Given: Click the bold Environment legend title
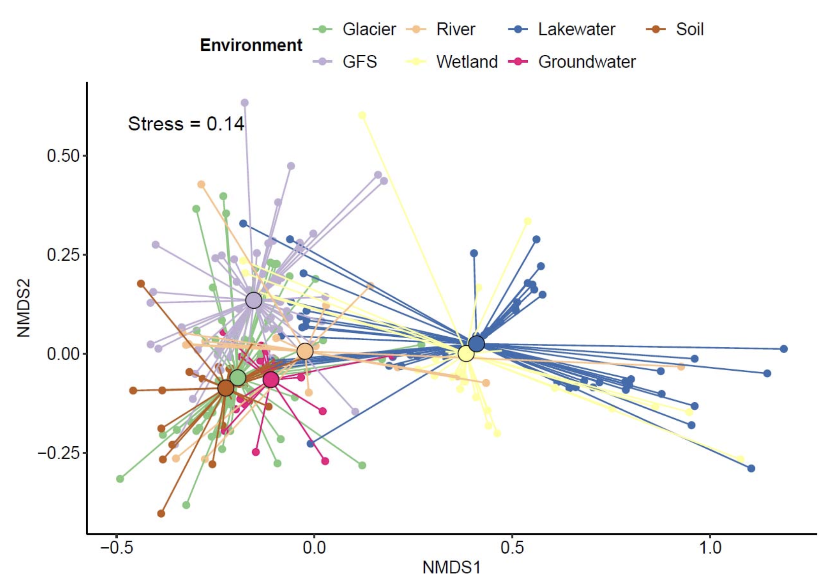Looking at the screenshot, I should pos(251,45).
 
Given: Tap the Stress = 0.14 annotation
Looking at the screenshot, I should pos(186,124).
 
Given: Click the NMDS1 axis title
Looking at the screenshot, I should pos(451,567).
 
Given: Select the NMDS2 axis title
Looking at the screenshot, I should pos(24,308).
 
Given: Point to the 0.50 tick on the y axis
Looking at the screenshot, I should pos(63,156).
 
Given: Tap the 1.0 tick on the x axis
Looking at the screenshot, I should pos(710,548).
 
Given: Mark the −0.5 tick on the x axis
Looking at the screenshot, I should pos(117,548).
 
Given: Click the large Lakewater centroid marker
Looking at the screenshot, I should pos(477,343).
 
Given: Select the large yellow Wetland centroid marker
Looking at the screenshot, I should pos(466,354).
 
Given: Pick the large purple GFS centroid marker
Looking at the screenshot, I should pos(254,300).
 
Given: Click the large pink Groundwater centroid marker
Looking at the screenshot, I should pos(271,380).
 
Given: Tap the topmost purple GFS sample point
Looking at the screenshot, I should pos(245,103).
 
